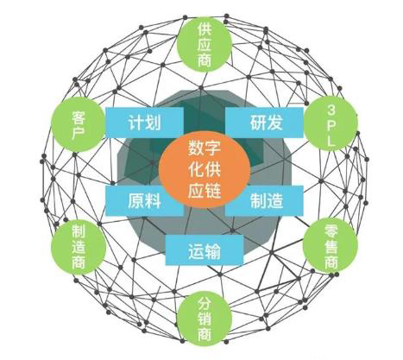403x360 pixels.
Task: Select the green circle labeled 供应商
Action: click(204, 45)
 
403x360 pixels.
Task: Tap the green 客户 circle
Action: click(79, 124)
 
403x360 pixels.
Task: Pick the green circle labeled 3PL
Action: click(331, 123)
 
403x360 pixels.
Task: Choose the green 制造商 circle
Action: click(79, 247)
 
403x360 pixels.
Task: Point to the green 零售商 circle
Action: click(331, 245)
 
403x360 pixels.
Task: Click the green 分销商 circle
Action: click(205, 318)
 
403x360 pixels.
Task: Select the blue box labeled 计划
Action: click(144, 123)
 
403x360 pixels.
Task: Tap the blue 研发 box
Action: click(264, 123)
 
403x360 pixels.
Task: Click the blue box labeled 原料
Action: click(144, 200)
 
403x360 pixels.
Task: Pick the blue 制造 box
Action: click(264, 200)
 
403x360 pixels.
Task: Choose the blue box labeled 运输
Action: click(205, 250)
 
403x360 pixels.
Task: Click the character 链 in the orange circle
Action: click(213, 190)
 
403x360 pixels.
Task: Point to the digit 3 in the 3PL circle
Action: click(331, 110)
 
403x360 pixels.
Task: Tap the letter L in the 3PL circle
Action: click(331, 141)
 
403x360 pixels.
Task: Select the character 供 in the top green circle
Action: click(205, 29)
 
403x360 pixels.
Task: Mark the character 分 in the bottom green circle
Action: click(205, 303)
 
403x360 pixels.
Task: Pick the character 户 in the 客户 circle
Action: click(79, 133)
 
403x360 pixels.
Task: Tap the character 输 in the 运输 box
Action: click(213, 251)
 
